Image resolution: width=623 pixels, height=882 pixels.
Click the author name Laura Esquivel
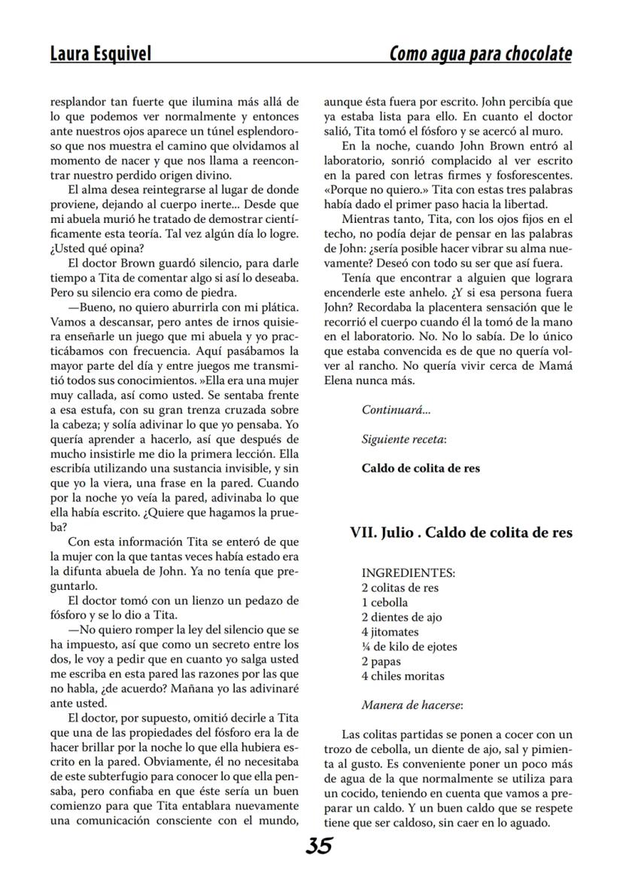(x=100, y=54)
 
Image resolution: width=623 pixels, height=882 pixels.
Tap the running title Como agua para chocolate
(x=480, y=54)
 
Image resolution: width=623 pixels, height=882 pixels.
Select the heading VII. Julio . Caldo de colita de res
(x=461, y=532)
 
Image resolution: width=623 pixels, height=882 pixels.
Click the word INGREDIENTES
(x=408, y=573)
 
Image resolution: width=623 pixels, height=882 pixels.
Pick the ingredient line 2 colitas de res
(x=400, y=587)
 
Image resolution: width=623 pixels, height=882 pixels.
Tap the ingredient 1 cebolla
(x=384, y=603)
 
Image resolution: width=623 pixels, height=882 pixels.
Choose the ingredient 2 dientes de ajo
(x=402, y=617)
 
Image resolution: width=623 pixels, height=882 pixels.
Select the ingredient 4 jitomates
(x=390, y=632)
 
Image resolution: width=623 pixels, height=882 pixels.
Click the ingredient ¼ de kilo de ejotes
(x=409, y=646)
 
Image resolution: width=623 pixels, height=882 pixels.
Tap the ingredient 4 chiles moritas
(x=403, y=676)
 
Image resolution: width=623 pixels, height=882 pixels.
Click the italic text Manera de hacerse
(x=412, y=706)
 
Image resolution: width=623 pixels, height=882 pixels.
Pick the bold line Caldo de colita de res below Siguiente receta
(x=421, y=468)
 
